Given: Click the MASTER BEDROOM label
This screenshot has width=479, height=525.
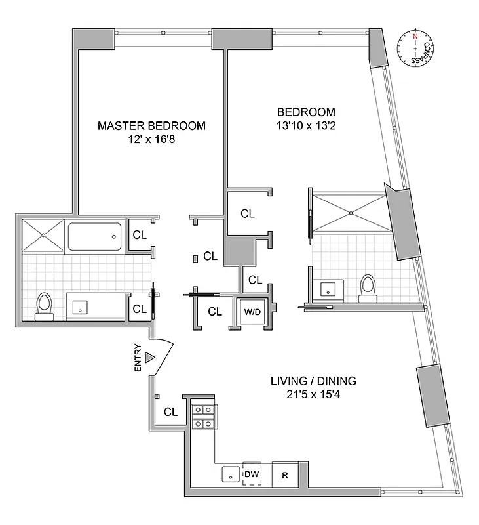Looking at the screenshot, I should coord(151,125).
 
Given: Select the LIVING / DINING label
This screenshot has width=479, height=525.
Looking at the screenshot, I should coord(313,381).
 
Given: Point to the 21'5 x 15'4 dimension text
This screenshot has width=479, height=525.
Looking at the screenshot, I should coord(313,395).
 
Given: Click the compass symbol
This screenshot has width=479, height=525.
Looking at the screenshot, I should coord(415,49).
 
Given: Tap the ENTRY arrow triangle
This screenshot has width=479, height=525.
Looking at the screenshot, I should coord(150,357).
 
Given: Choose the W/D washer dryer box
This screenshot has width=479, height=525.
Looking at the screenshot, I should coord(252,312).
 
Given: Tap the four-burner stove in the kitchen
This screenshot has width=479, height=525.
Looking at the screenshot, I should coord(203,417).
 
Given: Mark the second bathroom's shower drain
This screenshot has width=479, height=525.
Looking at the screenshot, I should coord(353,212).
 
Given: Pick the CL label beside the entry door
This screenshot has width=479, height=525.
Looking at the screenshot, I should coord(171,412).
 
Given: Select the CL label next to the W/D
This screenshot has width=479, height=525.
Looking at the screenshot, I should coord(215,312).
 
